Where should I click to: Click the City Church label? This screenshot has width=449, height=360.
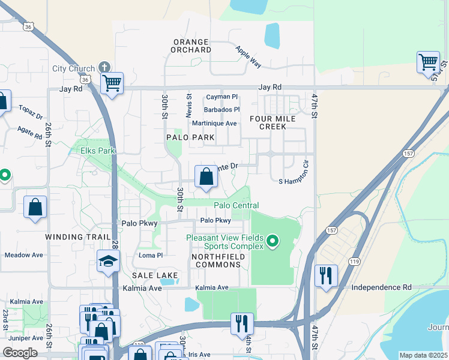[x=73, y=68]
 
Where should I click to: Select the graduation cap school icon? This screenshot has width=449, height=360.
[x=108, y=261]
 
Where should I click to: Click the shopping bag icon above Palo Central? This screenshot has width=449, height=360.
[x=206, y=177]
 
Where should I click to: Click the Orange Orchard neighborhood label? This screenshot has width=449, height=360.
[x=191, y=46]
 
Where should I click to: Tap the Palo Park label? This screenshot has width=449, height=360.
[x=190, y=137]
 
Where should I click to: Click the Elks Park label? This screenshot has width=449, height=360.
[x=97, y=151]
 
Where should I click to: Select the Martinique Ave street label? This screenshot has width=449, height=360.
[x=214, y=123]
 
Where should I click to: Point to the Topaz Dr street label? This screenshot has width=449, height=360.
[x=31, y=113]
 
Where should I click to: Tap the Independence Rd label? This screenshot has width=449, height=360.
[x=381, y=287]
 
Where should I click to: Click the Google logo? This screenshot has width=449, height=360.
[x=20, y=352]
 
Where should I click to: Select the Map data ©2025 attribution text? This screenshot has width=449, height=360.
[x=423, y=355]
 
